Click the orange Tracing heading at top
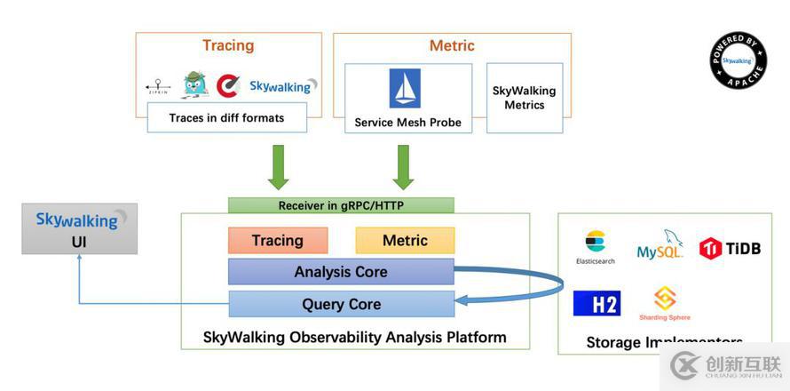[228, 45]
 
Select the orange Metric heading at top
[452, 45]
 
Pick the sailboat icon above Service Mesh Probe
[405, 88]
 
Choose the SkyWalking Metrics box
[524, 98]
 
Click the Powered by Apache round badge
[738, 60]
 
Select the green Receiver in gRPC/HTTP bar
[341, 205]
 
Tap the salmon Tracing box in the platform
[277, 241]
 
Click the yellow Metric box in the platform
[405, 241]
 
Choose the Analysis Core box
[341, 272]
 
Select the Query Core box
[341, 304]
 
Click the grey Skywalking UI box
[80, 228]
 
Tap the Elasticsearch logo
[595, 246]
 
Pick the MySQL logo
[660, 245]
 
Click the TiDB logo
[730, 248]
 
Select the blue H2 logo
[596, 303]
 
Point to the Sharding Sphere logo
[665, 303]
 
